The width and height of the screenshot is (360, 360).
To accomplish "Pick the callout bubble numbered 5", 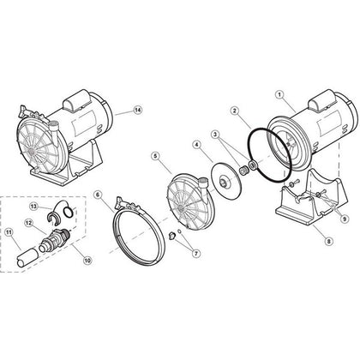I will pyautogui.click(x=154, y=156).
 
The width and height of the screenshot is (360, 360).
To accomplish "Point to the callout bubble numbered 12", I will pyautogui.click(x=29, y=224).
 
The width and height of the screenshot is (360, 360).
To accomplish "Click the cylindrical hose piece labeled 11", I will pyautogui.click(x=30, y=257).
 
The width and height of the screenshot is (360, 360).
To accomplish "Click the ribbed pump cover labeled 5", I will pyautogui.click(x=184, y=201).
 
